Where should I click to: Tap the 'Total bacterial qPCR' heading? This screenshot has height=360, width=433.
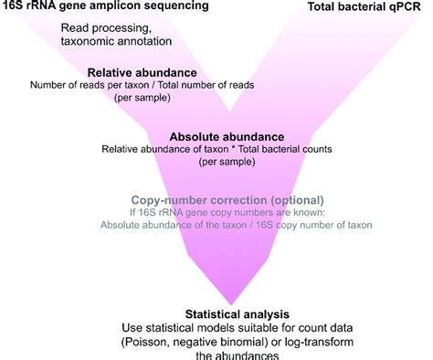pos(371,6)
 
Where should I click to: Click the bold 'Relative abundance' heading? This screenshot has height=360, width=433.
pos(142,72)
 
